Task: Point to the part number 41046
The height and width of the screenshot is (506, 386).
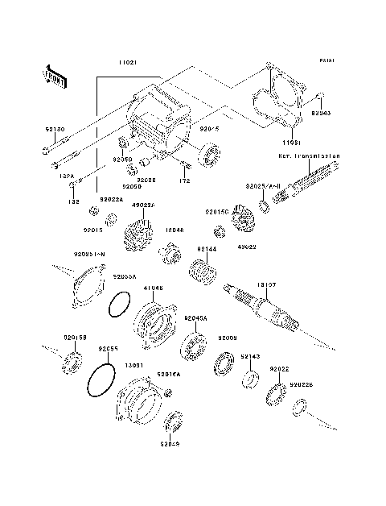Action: pyautogui.click(x=153, y=288)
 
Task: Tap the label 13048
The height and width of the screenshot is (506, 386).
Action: pyautogui.click(x=175, y=230)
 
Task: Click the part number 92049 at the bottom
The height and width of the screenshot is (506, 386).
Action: pyautogui.click(x=170, y=444)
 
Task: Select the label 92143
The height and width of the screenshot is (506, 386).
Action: pyautogui.click(x=250, y=357)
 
